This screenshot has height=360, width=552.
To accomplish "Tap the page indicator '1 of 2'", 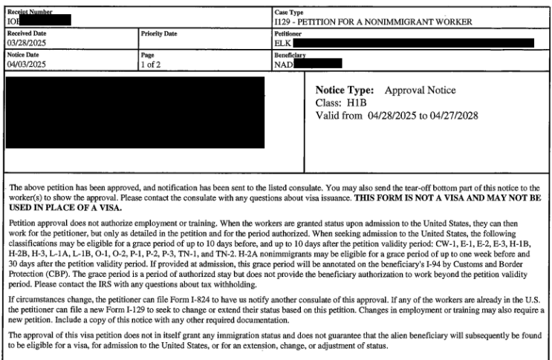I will tap(151, 64).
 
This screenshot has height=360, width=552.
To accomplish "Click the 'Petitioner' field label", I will tap(288, 34).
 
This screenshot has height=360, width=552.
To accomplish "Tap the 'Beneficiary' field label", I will tap(290, 55).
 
